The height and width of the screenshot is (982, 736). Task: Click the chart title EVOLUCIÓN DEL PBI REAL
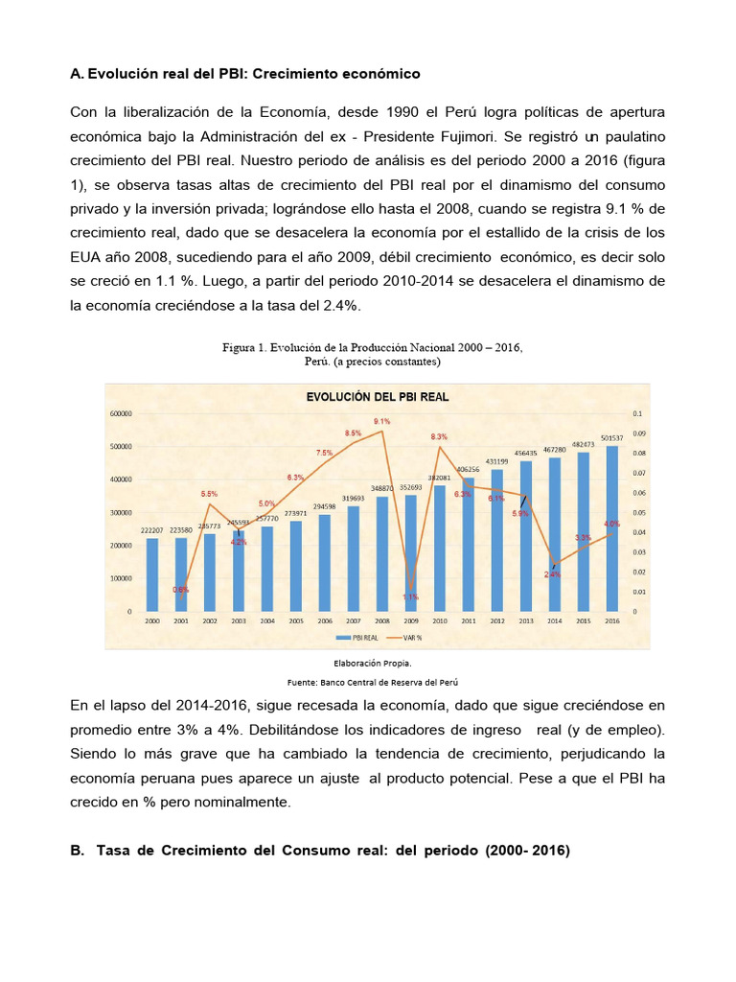click(377, 396)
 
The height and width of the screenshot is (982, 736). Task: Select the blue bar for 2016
click(611, 528)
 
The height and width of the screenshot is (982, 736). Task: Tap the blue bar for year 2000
click(151, 574)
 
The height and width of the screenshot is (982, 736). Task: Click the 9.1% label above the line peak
click(381, 421)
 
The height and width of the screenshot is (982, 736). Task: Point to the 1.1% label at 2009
click(410, 596)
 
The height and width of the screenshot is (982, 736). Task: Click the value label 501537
click(611, 438)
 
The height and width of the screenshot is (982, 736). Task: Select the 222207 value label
click(151, 530)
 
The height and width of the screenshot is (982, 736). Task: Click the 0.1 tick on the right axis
click(637, 414)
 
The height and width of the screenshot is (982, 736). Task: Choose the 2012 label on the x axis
click(496, 621)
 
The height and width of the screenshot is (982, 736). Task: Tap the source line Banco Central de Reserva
click(402, 682)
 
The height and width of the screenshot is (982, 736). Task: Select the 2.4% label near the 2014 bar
click(553, 573)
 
